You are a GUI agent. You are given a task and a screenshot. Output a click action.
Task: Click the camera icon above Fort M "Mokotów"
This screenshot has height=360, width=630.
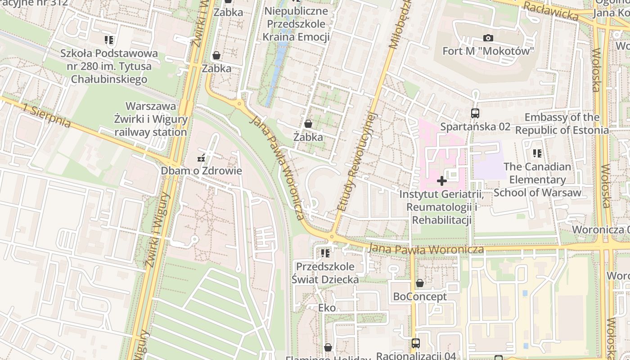(x=488, y=38)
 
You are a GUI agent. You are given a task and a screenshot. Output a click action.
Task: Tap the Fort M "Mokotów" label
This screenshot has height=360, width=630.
(x=488, y=51)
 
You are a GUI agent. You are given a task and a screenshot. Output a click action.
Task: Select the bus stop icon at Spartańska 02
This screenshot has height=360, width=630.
(x=475, y=113)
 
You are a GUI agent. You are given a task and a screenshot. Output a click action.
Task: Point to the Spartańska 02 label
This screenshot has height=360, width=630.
(x=475, y=126)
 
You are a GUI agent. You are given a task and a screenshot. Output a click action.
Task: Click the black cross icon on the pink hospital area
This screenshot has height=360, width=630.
(x=442, y=181)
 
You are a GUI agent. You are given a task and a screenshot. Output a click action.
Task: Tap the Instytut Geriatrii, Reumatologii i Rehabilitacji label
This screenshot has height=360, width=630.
(x=442, y=207)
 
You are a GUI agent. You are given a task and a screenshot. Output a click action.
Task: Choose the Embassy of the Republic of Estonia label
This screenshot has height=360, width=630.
(x=562, y=124)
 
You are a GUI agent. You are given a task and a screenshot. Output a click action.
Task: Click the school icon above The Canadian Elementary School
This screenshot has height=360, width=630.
(x=537, y=153)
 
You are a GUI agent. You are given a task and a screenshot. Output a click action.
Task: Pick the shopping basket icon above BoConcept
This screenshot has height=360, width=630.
(x=419, y=283)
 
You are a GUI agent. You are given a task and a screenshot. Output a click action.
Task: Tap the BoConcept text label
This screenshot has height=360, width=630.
(x=420, y=297)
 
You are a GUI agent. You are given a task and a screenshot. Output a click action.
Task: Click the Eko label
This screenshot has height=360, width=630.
(x=327, y=308)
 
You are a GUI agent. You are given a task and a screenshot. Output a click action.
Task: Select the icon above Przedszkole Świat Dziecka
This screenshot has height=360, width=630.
(x=325, y=253)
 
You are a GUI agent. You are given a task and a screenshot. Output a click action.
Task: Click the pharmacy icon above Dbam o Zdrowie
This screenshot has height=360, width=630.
(x=201, y=158)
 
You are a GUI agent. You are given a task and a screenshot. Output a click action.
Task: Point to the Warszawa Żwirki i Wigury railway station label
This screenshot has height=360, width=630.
(x=150, y=119)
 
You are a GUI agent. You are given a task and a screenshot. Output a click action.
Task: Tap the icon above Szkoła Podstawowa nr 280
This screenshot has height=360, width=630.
(x=109, y=40)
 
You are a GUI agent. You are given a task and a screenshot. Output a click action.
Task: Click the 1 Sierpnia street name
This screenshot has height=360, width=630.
(x=47, y=116)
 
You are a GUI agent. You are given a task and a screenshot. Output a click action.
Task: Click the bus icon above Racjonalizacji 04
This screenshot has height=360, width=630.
(x=415, y=343)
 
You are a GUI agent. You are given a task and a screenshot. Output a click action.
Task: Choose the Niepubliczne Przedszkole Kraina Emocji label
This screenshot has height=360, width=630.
(x=296, y=24)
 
